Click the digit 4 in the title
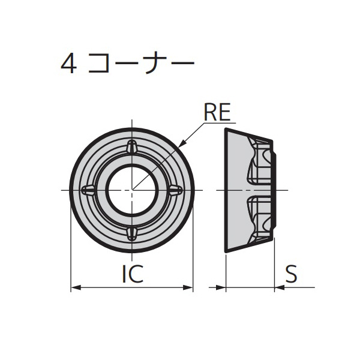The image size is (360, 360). pyautogui.click(x=68, y=64)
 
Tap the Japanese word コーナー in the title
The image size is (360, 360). pyautogui.click(x=140, y=64)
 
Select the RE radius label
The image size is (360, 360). pyautogui.click(x=217, y=112)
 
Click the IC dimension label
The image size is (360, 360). pyautogui.click(x=132, y=274)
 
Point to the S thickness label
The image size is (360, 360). pyautogui.click(x=292, y=274)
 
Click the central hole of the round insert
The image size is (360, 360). pyautogui.click(x=132, y=190)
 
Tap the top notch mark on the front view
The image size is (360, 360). pyautogui.click(x=132, y=147)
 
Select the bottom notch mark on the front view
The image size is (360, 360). pyautogui.click(x=132, y=233)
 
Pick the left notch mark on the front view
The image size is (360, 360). pyautogui.click(x=89, y=190)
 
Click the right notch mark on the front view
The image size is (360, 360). pyautogui.click(x=175, y=190)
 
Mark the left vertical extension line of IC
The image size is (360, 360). pyautogui.click(x=71, y=252)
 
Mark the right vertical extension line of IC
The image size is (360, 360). pyautogui.click(x=193, y=252)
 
